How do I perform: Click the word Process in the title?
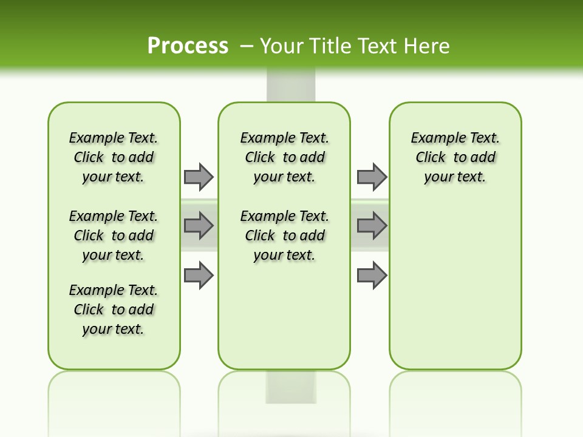188,46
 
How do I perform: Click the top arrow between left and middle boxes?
199,177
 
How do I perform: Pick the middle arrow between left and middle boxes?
199,226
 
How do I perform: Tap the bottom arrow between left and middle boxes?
199,275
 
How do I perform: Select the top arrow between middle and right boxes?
372,177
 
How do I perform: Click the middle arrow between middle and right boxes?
372,226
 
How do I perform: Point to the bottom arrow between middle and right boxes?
372,275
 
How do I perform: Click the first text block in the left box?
114,157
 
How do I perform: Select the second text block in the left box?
114,235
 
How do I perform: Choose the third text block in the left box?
114,310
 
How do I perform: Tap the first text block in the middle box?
284,157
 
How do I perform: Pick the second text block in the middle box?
284,235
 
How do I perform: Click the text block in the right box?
455,157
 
